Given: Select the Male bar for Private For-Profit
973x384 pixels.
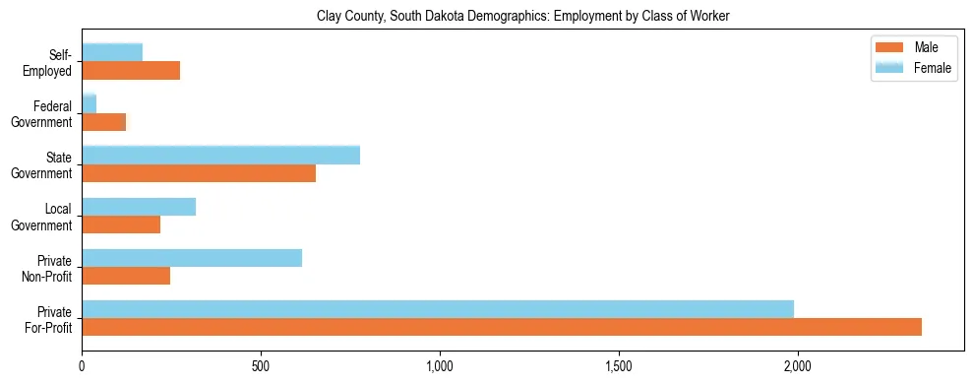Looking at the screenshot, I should tap(502, 327).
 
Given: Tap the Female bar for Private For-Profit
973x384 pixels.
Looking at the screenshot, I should tap(438, 308).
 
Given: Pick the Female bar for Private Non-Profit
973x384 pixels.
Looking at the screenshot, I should tap(192, 257).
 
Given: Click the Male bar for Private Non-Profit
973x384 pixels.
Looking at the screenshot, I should tap(126, 276).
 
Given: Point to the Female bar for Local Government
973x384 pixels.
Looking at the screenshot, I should tap(139, 206).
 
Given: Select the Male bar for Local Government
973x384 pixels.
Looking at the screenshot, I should tap(121, 224).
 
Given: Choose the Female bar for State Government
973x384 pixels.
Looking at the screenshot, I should tap(220, 155).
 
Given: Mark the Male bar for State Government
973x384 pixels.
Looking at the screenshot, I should tap(199, 173).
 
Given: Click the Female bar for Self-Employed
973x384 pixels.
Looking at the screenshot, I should tap(112, 52).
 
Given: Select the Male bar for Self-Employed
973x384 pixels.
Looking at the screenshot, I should tap(131, 71).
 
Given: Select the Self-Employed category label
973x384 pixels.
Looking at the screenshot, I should tap(49, 62).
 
